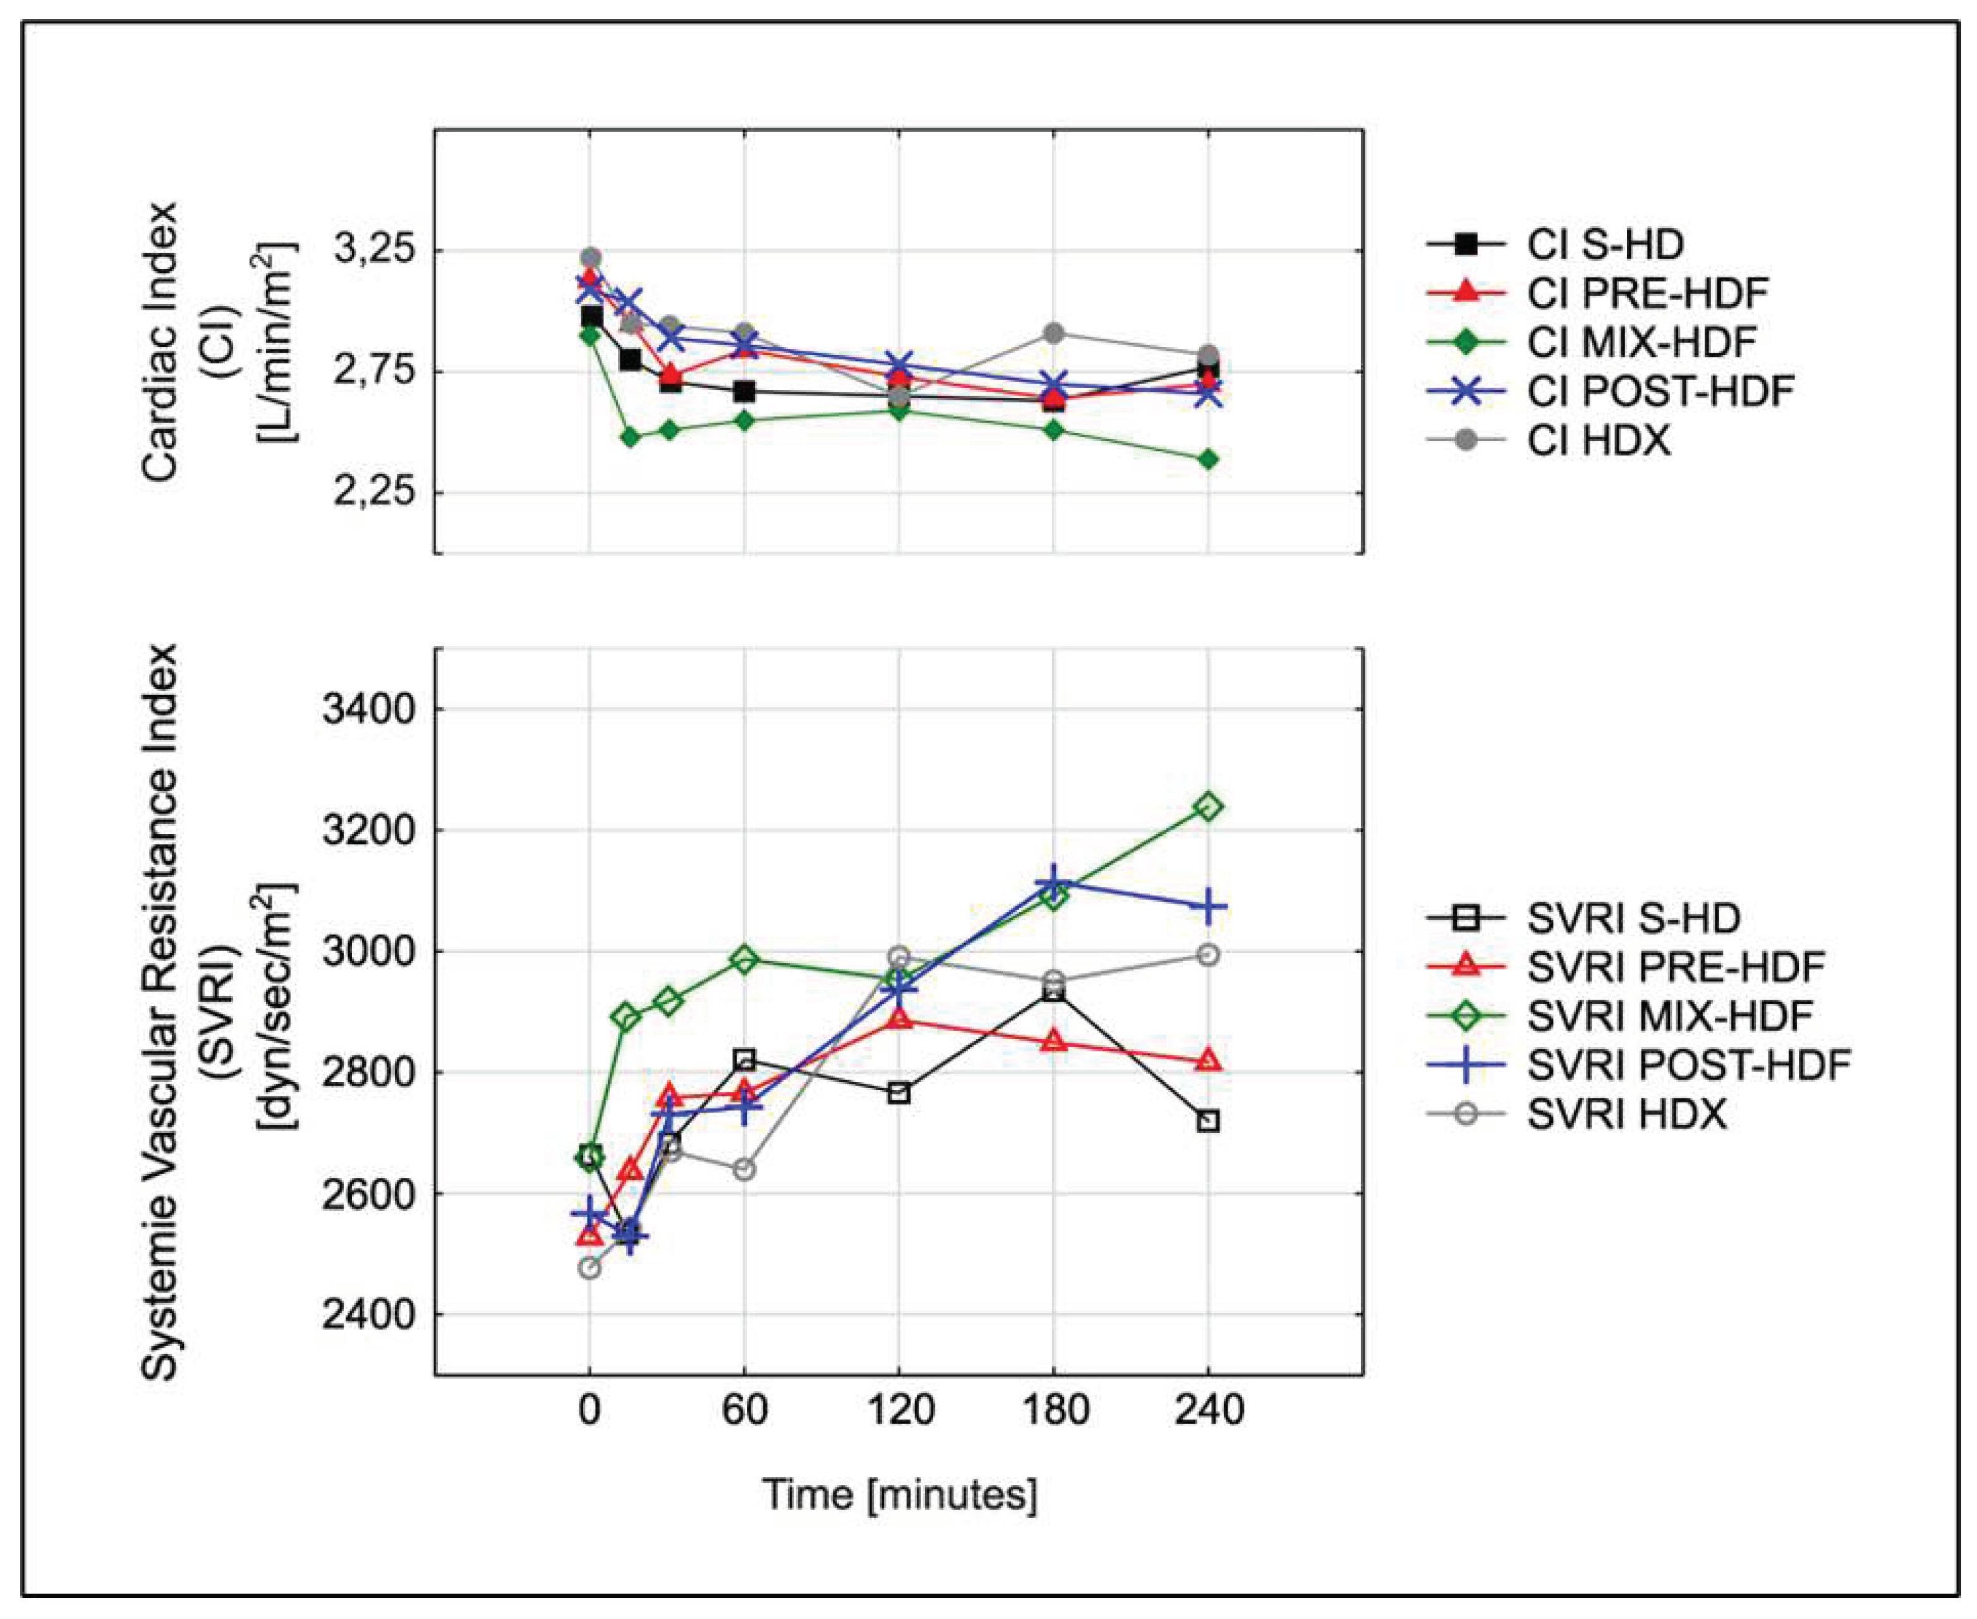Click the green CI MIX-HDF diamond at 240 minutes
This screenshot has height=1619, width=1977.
1207,459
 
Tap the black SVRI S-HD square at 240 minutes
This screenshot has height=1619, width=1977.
1207,1121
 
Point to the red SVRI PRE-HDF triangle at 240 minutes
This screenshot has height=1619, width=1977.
1207,1060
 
